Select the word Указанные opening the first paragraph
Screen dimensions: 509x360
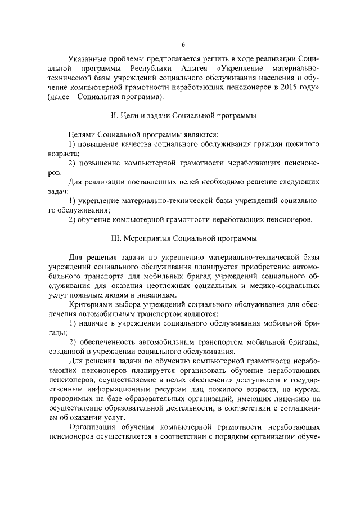click(x=86, y=58)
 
